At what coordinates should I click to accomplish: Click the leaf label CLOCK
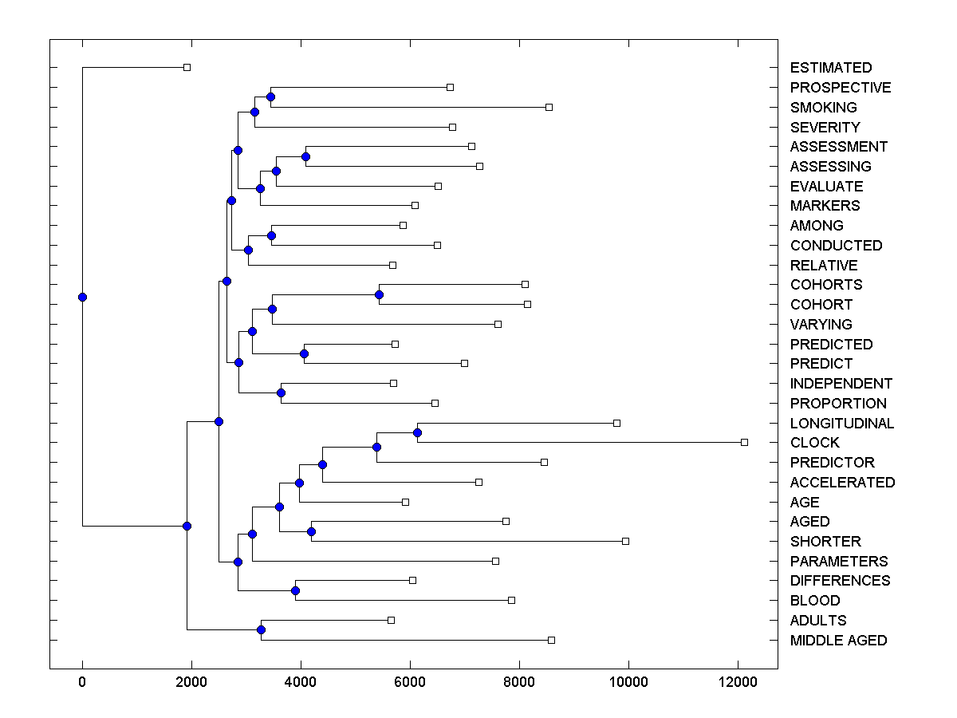coord(814,443)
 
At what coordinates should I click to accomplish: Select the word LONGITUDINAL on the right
coord(841,423)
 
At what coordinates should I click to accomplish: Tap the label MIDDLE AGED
coord(838,640)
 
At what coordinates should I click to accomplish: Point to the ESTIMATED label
coord(830,68)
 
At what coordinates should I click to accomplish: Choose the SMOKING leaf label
coord(823,107)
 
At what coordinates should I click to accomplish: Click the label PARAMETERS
coord(838,561)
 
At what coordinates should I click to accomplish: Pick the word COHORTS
coord(825,285)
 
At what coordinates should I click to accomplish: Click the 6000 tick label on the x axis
coord(410,682)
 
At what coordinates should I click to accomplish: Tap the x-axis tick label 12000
coord(738,682)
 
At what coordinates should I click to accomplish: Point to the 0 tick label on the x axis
coord(82,682)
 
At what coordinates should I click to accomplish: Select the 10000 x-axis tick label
coord(628,682)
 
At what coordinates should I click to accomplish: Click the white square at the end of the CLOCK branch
coord(744,442)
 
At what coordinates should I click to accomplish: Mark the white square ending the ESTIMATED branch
coord(187,68)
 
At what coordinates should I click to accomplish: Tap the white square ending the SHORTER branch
coord(625,541)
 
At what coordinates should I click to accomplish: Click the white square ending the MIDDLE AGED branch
coord(551,640)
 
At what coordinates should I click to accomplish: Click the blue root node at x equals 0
coord(82,297)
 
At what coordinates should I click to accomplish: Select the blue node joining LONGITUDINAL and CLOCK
coord(417,432)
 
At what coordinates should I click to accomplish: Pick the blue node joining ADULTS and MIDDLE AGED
coord(261,630)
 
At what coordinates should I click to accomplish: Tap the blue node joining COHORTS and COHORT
coord(379,294)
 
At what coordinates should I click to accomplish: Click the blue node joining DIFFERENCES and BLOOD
coord(295,590)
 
